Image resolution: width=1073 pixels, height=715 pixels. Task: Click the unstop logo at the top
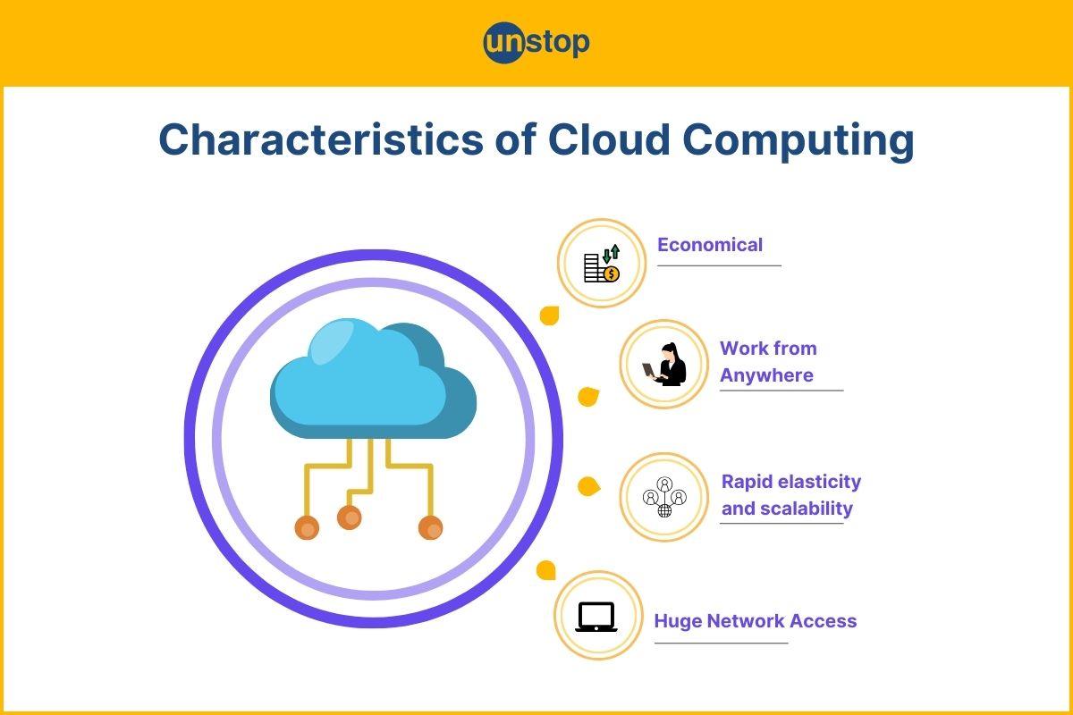click(x=536, y=43)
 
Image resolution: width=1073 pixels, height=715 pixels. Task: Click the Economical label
click(x=710, y=245)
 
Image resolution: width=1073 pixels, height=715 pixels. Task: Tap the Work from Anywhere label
click(x=768, y=362)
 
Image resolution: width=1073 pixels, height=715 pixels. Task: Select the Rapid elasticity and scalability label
click(x=790, y=495)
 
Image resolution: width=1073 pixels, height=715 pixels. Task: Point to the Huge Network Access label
click(x=756, y=621)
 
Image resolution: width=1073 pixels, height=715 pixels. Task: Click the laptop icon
click(x=596, y=617)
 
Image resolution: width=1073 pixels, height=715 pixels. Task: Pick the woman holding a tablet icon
click(x=666, y=365)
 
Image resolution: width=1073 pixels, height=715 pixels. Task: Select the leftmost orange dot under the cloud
click(x=307, y=528)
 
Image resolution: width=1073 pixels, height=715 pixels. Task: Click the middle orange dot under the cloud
click(x=350, y=517)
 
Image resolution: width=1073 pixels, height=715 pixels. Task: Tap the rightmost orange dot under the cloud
click(x=431, y=528)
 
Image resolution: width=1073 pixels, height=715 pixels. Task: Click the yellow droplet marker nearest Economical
click(x=549, y=315)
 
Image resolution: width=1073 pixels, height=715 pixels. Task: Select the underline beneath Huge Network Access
click(x=721, y=643)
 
